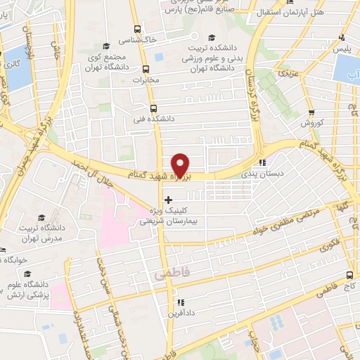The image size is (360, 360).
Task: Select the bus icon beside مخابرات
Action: tap(146, 69)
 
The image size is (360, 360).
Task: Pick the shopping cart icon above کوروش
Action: tap(311, 112)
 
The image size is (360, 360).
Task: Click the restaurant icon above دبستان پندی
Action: tap(262, 161)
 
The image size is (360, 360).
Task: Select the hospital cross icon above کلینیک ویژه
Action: tap(167, 200)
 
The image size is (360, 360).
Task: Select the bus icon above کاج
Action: tap(349, 276)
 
